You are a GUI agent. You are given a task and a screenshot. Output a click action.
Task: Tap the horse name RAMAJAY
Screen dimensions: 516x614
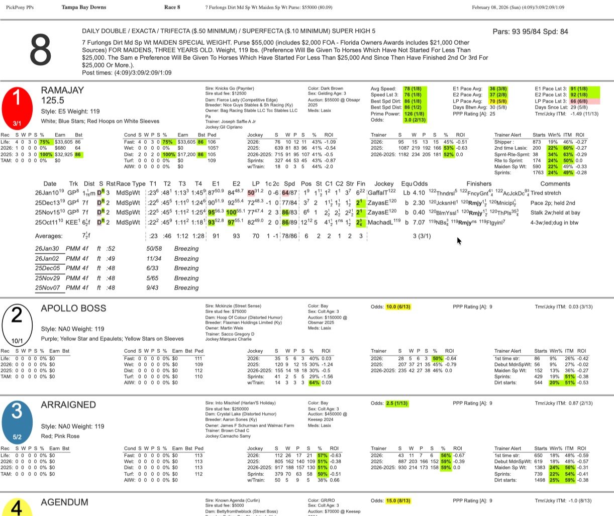62,90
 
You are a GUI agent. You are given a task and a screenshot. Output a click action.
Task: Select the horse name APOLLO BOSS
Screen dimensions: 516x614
73,308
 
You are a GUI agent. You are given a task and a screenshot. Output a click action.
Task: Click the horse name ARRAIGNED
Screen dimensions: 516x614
68,405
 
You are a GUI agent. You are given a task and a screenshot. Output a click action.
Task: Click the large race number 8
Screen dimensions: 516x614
40,50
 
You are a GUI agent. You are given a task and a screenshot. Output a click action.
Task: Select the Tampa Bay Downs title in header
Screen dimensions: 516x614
84,8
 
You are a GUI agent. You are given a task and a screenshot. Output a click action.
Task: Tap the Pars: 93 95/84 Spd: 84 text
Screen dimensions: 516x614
530,32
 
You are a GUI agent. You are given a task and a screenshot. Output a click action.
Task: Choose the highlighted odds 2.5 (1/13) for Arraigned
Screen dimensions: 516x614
396,403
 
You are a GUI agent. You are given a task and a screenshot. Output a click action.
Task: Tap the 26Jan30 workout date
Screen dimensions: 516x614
47,249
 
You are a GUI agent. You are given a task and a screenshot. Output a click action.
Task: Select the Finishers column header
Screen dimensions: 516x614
479,184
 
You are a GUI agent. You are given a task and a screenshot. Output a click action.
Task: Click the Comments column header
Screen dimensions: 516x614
555,184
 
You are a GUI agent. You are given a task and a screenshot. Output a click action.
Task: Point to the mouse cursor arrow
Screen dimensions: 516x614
459,241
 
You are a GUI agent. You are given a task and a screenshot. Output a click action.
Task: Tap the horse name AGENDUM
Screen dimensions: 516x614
64,502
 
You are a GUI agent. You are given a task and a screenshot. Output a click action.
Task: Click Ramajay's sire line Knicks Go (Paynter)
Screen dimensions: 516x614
229,89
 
